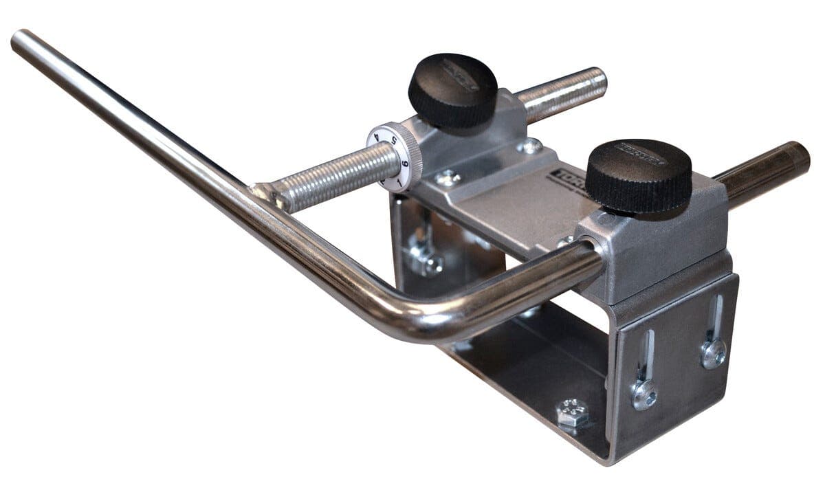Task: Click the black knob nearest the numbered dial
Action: (452, 89)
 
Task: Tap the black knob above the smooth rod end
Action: (638, 175)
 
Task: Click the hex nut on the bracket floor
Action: (572, 413)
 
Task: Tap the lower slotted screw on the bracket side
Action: (644, 394)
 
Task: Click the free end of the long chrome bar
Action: (21, 41)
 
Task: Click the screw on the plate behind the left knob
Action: (529, 146)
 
